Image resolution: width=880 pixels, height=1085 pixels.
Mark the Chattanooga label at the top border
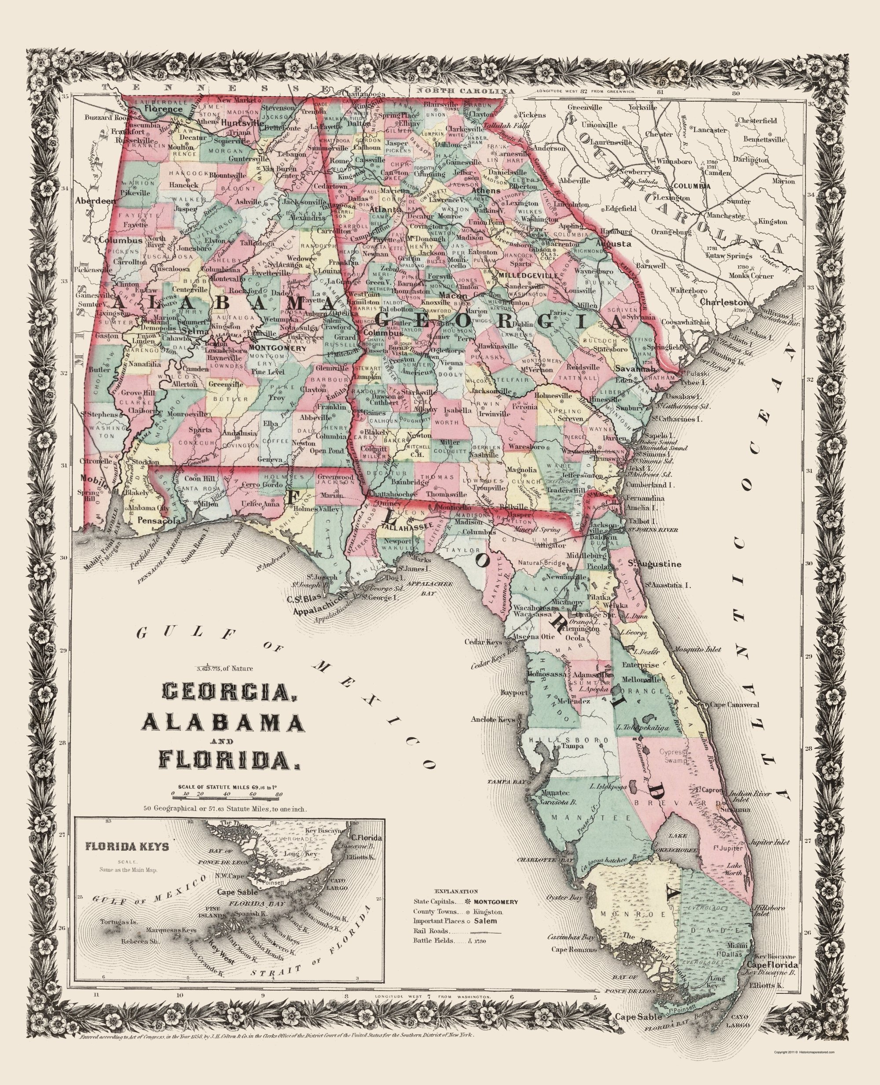pyautogui.click(x=363, y=94)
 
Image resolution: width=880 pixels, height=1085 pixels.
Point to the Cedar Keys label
pyautogui.click(x=483, y=642)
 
